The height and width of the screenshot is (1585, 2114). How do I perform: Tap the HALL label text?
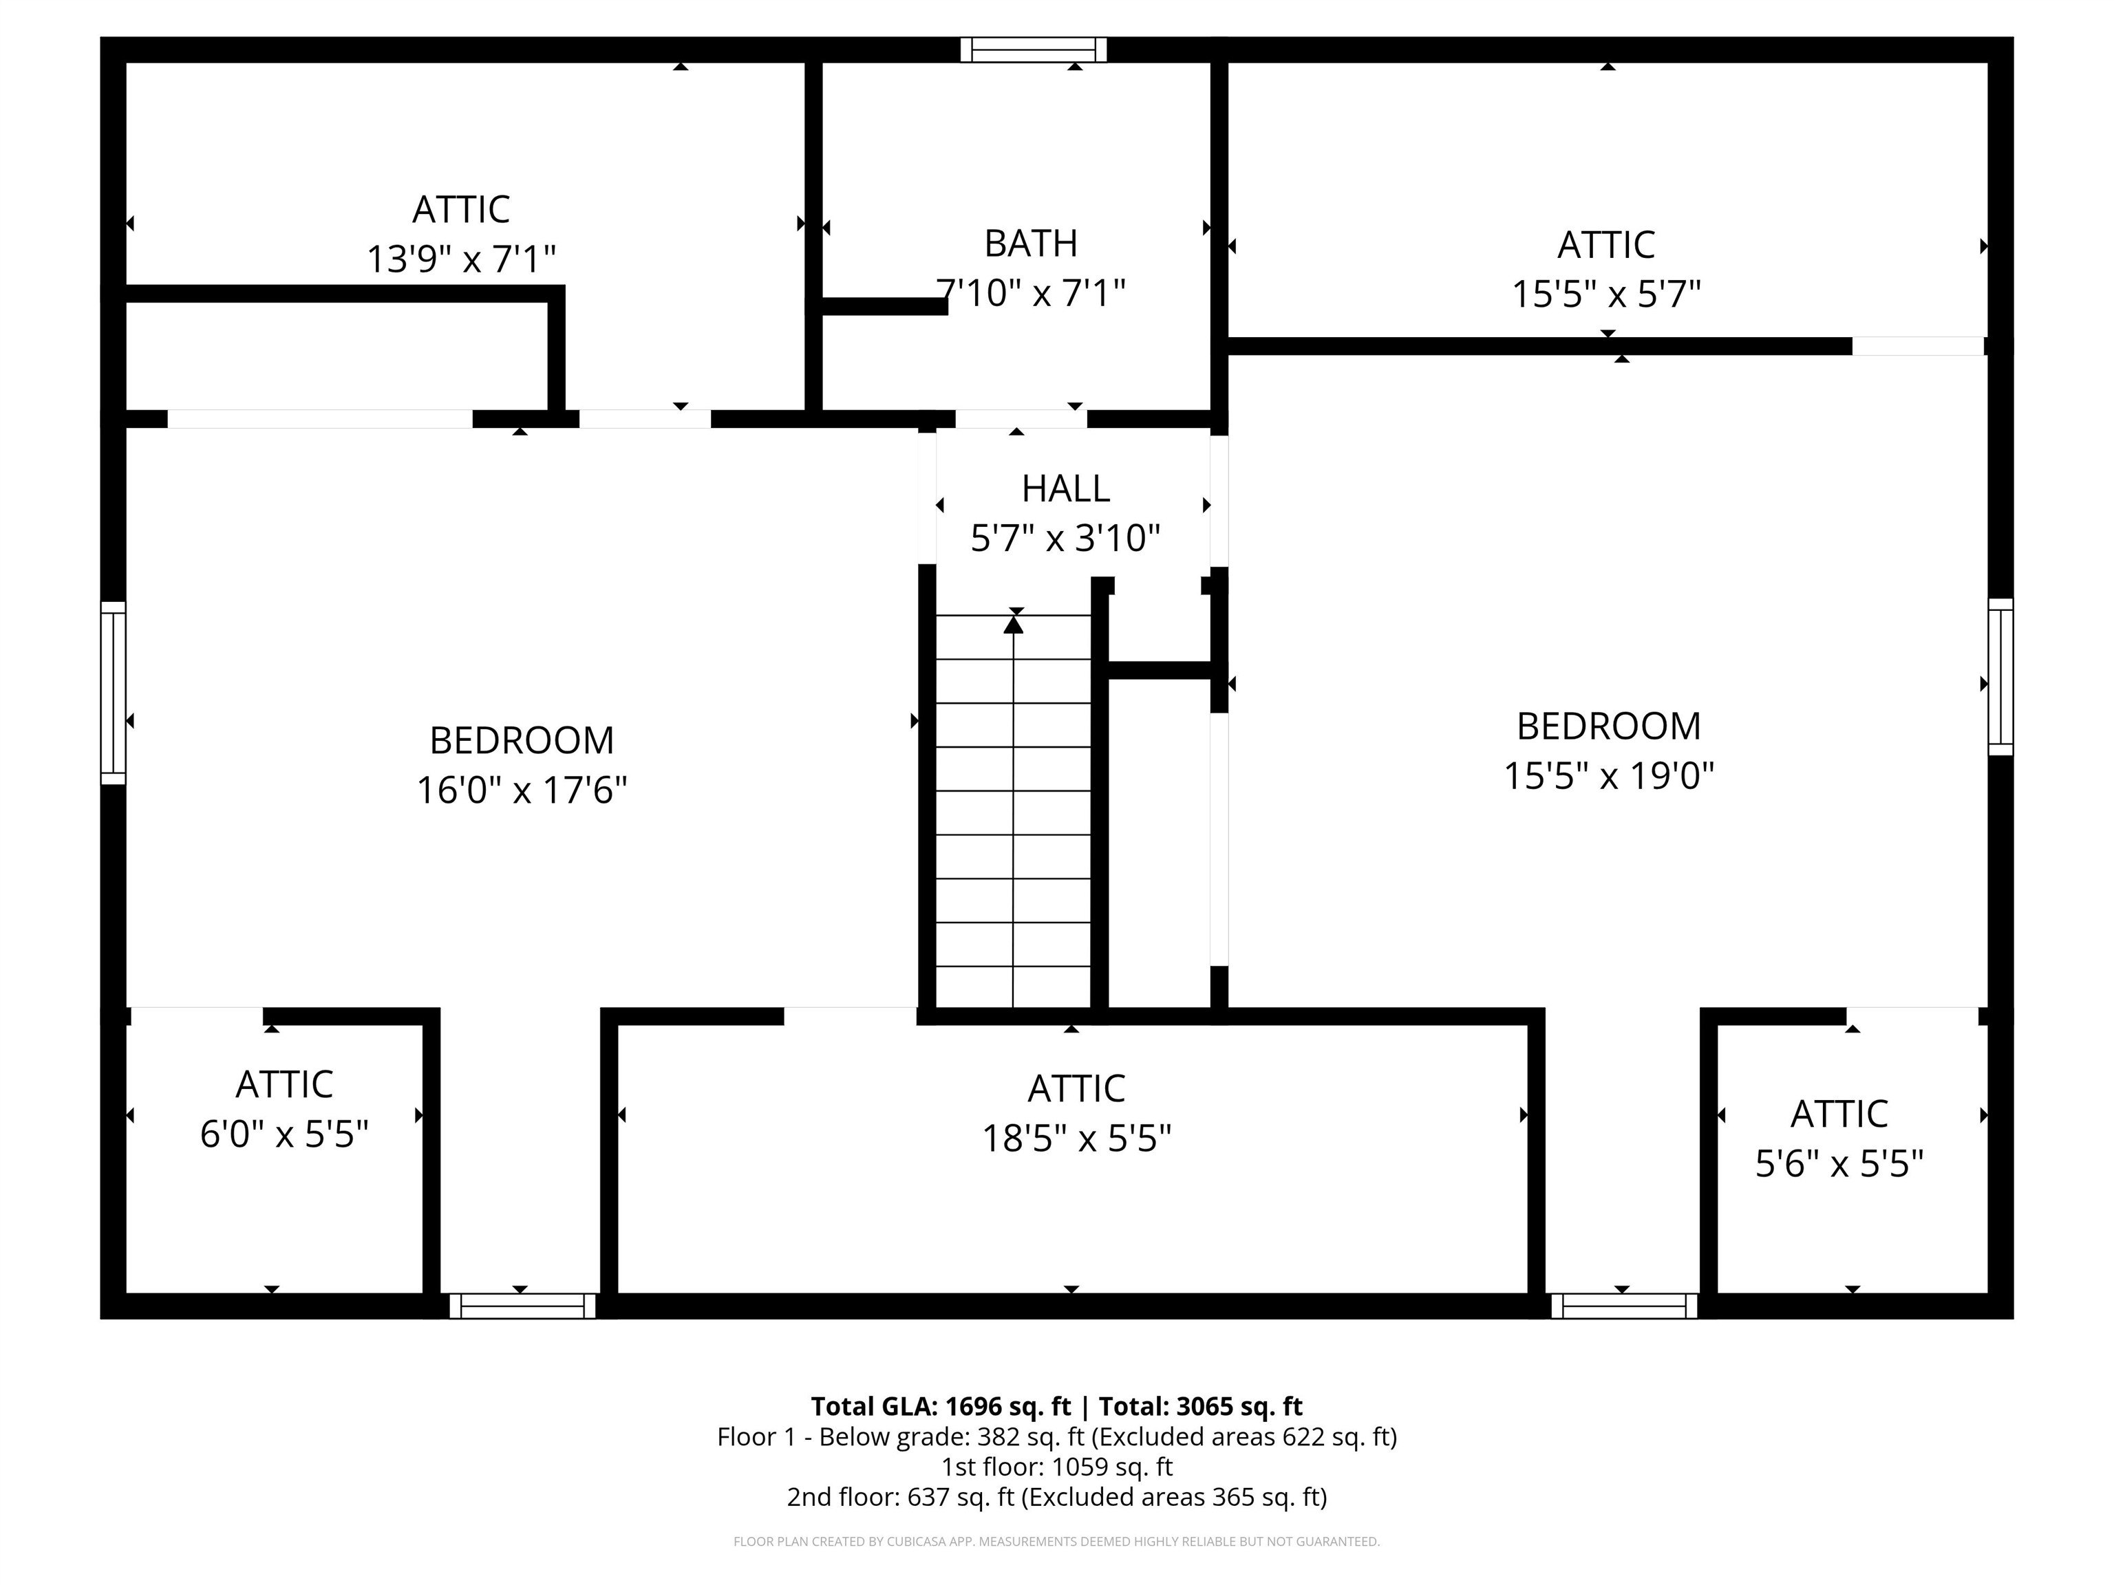pyautogui.click(x=1065, y=488)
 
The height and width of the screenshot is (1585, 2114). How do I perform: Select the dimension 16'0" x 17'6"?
pyautogui.click(x=521, y=790)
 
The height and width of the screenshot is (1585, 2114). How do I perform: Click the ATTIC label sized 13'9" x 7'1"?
pyautogui.click(x=460, y=209)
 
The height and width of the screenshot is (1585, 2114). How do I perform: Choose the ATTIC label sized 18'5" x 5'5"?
pyautogui.click(x=1076, y=1088)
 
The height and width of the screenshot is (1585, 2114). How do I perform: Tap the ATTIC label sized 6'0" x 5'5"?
pyautogui.click(x=284, y=1084)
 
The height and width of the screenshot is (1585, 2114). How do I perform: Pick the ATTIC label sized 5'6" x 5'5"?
pyautogui.click(x=1839, y=1114)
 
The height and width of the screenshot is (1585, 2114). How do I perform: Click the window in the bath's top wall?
pyautogui.click(x=1033, y=50)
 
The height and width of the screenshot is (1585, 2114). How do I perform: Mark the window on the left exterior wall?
pyautogui.click(x=114, y=693)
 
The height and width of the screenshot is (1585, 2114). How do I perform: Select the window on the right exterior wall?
pyautogui.click(x=2000, y=676)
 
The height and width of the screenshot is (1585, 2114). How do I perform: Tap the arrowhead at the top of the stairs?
pyautogui.click(x=1013, y=624)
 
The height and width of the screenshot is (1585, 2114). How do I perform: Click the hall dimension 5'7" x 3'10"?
pyautogui.click(x=1065, y=538)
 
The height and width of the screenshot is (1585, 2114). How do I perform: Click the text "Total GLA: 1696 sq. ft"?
pyautogui.click(x=941, y=1406)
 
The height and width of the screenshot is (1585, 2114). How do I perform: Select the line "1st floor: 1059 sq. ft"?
pyautogui.click(x=1057, y=1467)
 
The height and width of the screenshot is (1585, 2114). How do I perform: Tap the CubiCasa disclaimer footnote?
pyautogui.click(x=1056, y=1541)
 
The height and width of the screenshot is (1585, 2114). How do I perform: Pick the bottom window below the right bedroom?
pyautogui.click(x=1624, y=1306)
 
